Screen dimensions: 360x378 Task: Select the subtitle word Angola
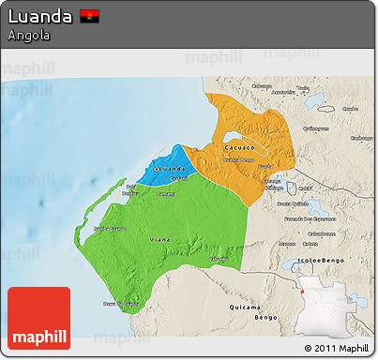[x=28, y=36]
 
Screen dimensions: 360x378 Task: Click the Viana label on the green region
[x=160, y=241]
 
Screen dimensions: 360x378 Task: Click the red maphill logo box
[x=38, y=318]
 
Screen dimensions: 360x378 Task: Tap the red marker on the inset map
[x=304, y=292]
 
